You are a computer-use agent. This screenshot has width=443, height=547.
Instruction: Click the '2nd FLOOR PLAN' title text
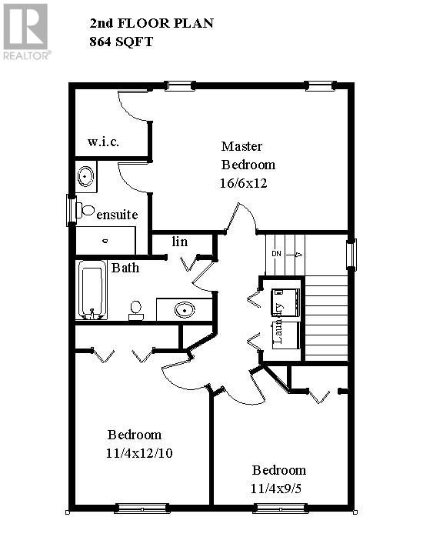[x=152, y=24]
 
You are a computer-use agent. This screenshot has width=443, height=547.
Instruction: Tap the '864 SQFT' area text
[x=122, y=42]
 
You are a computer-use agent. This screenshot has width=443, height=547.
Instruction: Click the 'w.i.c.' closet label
[x=103, y=142]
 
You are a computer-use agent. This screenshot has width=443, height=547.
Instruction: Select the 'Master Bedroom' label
[x=247, y=155]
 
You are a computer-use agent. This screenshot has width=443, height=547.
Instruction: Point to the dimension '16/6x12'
[x=243, y=183]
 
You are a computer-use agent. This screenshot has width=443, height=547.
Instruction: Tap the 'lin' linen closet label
[x=179, y=242]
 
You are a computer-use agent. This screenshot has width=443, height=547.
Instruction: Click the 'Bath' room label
[x=125, y=268]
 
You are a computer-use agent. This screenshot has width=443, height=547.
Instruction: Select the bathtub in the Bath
[x=92, y=290]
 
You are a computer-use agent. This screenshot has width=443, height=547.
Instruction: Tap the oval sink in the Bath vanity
[x=184, y=309]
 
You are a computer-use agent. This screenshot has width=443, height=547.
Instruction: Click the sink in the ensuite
[x=86, y=177]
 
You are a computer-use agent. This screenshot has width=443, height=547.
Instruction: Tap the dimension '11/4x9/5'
[x=278, y=488]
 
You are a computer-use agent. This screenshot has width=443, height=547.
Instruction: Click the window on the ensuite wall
[x=72, y=209]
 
